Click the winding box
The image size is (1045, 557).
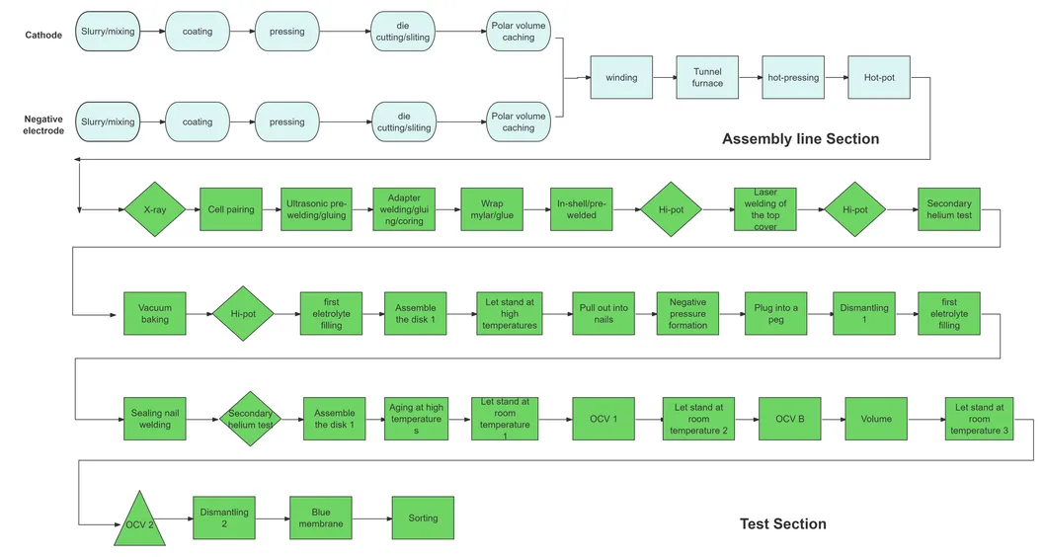(x=621, y=78)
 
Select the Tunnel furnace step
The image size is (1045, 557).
(x=707, y=78)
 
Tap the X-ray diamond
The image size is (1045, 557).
(x=154, y=209)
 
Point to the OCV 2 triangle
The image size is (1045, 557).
(x=138, y=520)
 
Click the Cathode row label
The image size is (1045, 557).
(x=43, y=36)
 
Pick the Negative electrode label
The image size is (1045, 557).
(x=43, y=124)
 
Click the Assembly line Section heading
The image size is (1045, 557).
(x=800, y=139)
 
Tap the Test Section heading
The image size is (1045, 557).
(x=783, y=523)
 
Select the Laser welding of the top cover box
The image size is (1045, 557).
(x=764, y=209)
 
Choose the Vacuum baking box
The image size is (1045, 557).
(x=154, y=313)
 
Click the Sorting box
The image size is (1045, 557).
(x=423, y=517)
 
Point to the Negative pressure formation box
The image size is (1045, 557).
(x=687, y=313)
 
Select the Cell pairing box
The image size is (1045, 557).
(x=230, y=209)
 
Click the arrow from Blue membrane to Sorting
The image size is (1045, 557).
(x=370, y=517)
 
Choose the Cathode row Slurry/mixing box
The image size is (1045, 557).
(x=108, y=32)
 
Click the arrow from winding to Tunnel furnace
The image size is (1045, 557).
(x=664, y=78)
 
